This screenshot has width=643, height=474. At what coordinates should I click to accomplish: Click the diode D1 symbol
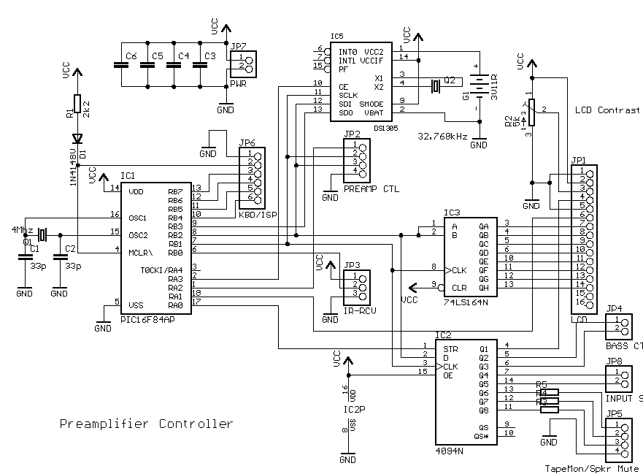point(77,139)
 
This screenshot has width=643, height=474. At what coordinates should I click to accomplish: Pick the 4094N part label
point(450,451)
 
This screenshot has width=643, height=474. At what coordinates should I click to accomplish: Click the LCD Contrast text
point(607,110)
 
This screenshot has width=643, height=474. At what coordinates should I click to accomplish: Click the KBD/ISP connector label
point(255,215)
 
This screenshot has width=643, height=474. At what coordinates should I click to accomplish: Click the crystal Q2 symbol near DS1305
point(436,87)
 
